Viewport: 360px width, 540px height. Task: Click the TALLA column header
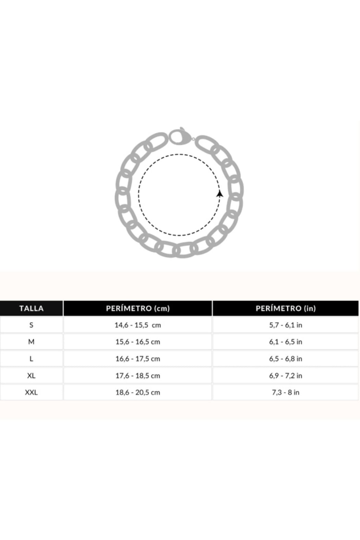31,308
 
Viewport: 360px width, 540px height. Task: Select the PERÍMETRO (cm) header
138,308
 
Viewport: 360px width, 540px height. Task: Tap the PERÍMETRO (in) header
286,308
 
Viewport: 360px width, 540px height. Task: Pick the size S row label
31,325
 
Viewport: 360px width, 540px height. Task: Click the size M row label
31,341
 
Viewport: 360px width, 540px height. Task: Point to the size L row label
31,359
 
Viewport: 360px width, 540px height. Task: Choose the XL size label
31,375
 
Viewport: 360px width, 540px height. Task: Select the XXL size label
31,392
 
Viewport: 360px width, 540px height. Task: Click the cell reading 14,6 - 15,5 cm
138,325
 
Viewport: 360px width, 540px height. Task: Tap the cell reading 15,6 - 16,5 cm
138,342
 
